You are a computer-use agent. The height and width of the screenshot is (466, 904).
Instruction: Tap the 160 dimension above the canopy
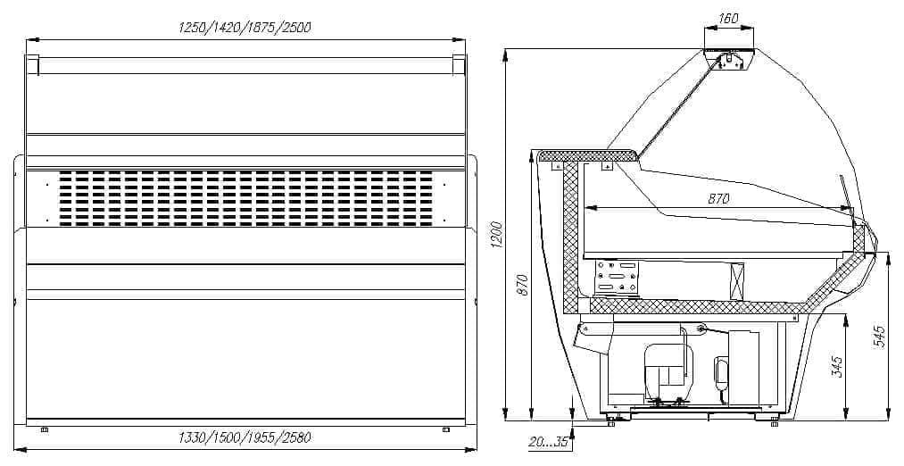coord(728,19)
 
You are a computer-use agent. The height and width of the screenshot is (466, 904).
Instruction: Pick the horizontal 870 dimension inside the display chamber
coord(718,199)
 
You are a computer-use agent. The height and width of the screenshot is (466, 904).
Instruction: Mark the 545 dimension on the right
coord(880,337)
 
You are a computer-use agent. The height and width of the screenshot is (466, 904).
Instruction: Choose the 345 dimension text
coord(838,367)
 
